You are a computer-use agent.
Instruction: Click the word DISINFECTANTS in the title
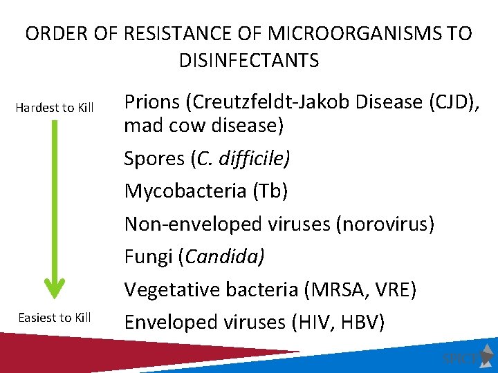(249, 61)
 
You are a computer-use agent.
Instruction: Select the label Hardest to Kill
(55, 108)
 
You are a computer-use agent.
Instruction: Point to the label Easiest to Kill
(55, 318)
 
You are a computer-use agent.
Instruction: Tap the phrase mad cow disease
(205, 126)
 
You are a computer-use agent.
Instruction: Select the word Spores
(154, 159)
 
